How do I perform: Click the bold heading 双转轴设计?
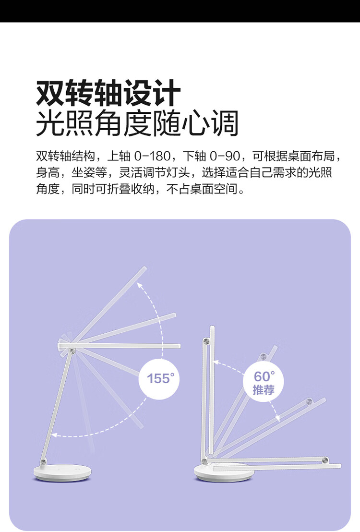(108, 94)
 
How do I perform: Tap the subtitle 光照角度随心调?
(137, 123)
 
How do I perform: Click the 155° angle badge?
(159, 378)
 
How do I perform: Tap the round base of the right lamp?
(224, 472)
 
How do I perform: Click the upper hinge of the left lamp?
(72, 352)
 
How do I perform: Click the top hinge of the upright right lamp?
(207, 341)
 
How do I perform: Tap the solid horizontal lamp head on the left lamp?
(120, 345)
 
